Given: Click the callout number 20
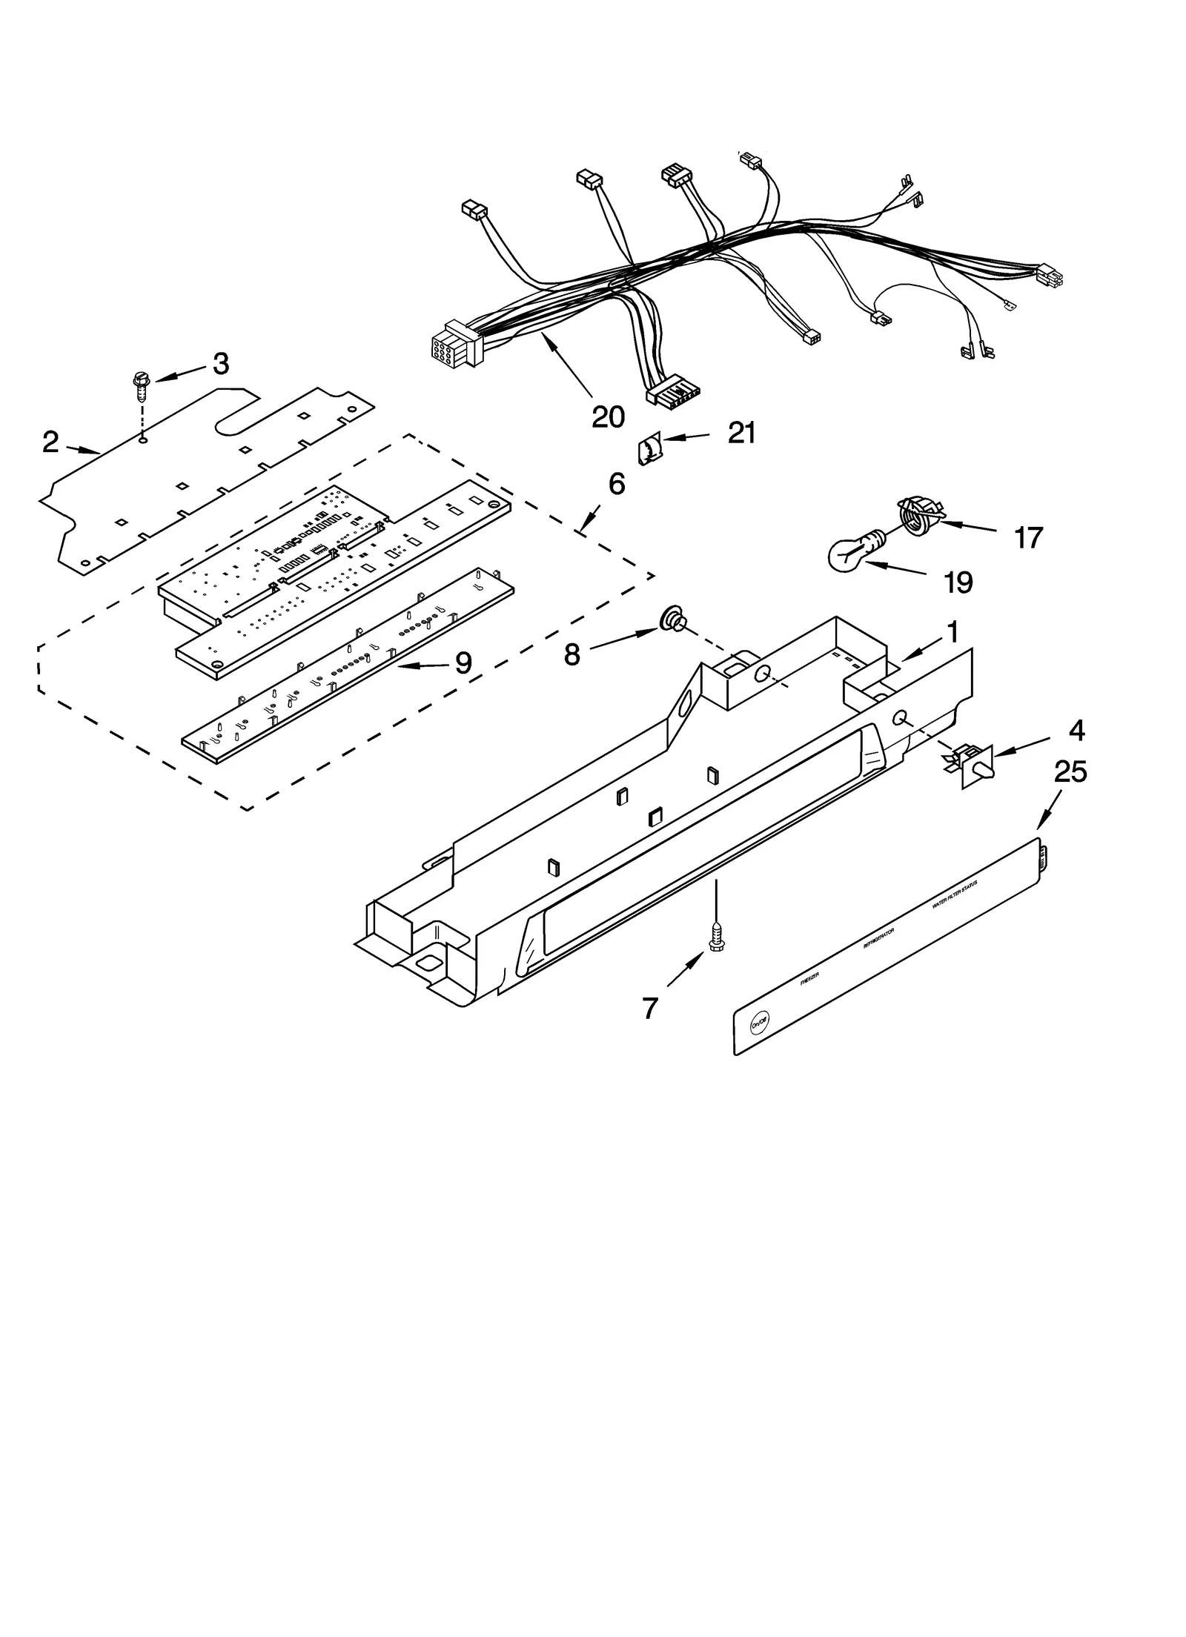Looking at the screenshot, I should [608, 417].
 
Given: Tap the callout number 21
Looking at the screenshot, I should [741, 433].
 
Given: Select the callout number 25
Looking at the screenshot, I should [1070, 772].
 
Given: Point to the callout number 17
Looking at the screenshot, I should [1028, 538].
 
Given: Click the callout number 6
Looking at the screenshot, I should [617, 485].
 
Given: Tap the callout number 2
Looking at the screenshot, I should [50, 442].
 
